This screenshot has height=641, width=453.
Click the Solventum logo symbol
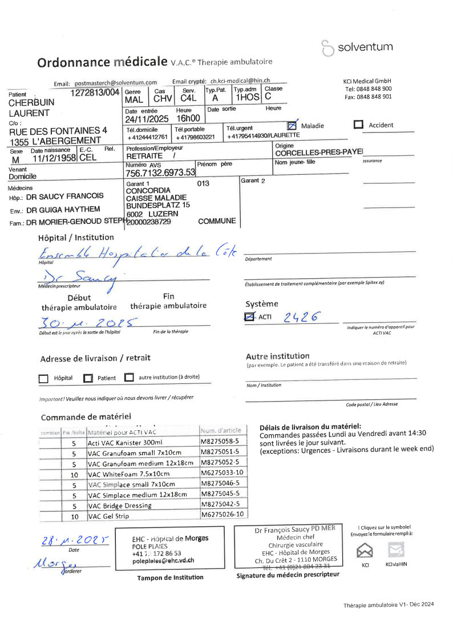[x=327, y=48]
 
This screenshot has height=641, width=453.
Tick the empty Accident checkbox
[x=359, y=125]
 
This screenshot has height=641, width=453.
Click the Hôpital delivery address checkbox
[x=43, y=378]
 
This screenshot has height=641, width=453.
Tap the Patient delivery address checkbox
[x=88, y=378]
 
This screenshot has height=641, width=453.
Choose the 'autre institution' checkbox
[x=129, y=378]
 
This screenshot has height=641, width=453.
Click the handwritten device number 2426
[x=302, y=317]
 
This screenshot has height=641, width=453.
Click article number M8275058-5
[x=224, y=442]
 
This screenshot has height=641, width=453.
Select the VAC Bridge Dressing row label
[x=120, y=506]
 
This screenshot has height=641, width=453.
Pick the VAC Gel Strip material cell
[x=108, y=516]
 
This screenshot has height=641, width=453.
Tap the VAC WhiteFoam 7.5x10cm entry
[x=129, y=474]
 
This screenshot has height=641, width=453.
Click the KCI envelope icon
[x=365, y=550]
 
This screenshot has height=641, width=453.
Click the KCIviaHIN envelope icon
[x=396, y=550]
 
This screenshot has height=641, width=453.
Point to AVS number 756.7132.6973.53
[x=160, y=172]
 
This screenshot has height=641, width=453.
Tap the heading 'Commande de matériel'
[x=86, y=416]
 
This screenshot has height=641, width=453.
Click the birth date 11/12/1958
[x=54, y=158]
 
